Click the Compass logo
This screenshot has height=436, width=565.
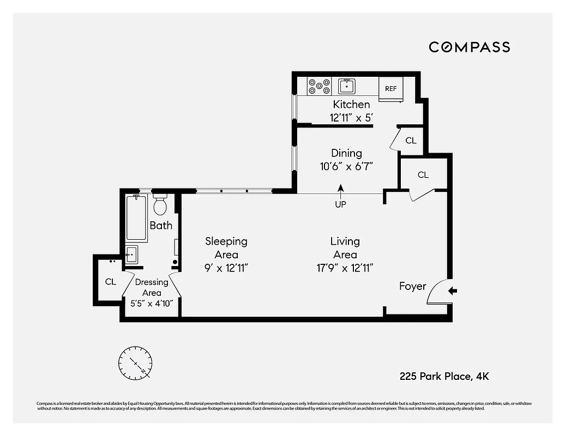pyautogui.click(x=469, y=47)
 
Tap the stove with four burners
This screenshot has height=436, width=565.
pyautogui.click(x=320, y=87)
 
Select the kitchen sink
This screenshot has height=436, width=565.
pyautogui.click(x=347, y=86)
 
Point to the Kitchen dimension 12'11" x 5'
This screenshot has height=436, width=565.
pyautogui.click(x=352, y=117)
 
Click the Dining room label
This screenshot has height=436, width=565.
pyautogui.click(x=346, y=153)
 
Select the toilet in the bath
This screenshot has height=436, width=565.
pyautogui.click(x=160, y=204)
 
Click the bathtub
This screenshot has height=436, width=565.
pyautogui.click(x=136, y=218)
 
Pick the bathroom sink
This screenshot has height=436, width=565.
pyautogui.click(x=131, y=254)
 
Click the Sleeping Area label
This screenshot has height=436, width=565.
pyautogui.click(x=226, y=247)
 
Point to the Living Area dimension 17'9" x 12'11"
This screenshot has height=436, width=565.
pyautogui.click(x=345, y=268)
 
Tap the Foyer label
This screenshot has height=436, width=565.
pyautogui.click(x=412, y=286)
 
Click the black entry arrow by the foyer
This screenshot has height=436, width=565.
pyautogui.click(x=452, y=292)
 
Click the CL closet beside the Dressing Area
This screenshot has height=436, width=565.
pyautogui.click(x=111, y=282)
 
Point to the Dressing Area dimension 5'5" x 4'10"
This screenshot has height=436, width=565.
pyautogui.click(x=151, y=303)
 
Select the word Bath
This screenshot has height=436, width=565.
pyautogui.click(x=161, y=225)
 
